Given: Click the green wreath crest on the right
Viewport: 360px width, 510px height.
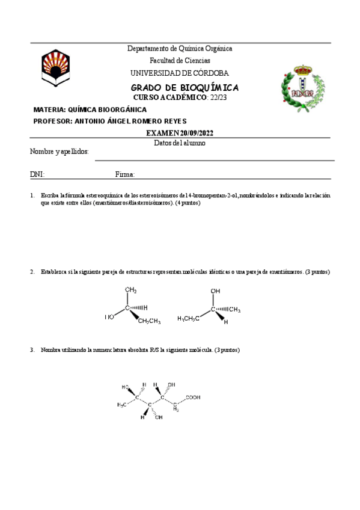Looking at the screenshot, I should pyautogui.click(x=301, y=84).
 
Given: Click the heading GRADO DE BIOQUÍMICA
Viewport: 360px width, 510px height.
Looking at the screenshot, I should pyautogui.click(x=185, y=87).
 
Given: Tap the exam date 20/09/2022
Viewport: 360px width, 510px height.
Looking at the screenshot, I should pyautogui.click(x=197, y=133).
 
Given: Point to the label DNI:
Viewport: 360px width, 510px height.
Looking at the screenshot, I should pyautogui.click(x=37, y=174).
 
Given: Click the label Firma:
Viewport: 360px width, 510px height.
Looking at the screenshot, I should pyautogui.click(x=124, y=174).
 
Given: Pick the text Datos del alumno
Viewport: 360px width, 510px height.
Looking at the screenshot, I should pyautogui.click(x=180, y=143).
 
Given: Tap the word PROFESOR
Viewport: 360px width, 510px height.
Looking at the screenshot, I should pyautogui.click(x=52, y=121).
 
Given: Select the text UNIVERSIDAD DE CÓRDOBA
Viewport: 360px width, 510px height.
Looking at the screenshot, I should pyautogui.click(x=180, y=73).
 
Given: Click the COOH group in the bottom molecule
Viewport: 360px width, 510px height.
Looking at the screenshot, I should pyautogui.click(x=194, y=397).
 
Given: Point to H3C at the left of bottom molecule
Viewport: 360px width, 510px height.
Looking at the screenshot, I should pyautogui.click(x=122, y=404).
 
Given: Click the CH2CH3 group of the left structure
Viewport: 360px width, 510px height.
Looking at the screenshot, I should pyautogui.click(x=149, y=321).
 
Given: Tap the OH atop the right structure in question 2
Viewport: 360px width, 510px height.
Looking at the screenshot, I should pyautogui.click(x=215, y=291).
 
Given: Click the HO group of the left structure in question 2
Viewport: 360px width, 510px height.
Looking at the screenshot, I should pyautogui.click(x=109, y=317).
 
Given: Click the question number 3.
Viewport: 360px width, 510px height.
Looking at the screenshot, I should pyautogui.click(x=32, y=350).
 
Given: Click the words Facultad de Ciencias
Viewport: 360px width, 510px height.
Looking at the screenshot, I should pyautogui.click(x=180, y=61).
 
